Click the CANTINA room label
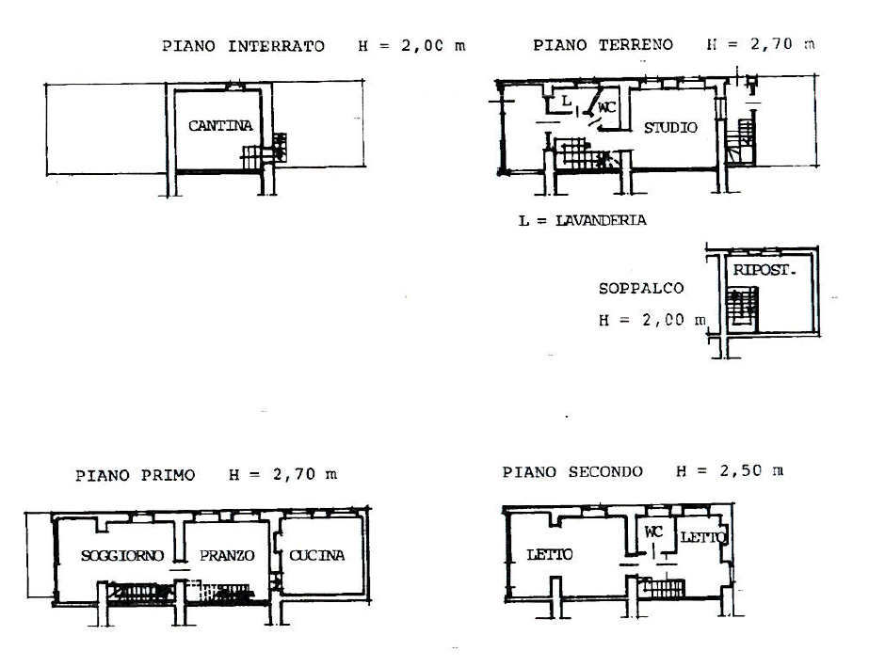pos(220,126)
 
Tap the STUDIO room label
pos(670,128)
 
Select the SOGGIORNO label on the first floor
pos(122,555)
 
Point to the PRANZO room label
pos(227,555)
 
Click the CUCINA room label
pos(317,555)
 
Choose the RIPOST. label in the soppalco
pos(764,270)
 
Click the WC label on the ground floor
pos(607,107)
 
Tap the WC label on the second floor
pos(654,532)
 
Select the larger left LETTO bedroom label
pos(550,554)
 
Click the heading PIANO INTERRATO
pos(243,46)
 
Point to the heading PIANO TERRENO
pos(603,45)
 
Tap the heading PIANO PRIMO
pos(136,475)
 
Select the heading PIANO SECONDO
pos(572,472)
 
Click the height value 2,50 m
pos(751,471)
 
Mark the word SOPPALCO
pos(641,288)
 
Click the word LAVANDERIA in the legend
pos(602,220)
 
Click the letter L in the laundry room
pos(566,101)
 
